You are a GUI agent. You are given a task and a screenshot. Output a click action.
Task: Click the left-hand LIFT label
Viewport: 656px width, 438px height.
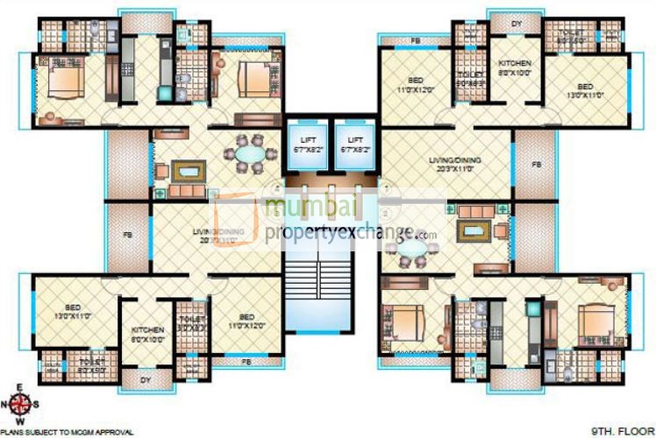click(x=309, y=139)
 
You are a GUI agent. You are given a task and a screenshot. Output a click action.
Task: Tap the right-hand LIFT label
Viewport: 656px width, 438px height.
click(x=355, y=139)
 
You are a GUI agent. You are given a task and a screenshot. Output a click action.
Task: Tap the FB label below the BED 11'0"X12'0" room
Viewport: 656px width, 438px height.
click(x=247, y=361)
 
